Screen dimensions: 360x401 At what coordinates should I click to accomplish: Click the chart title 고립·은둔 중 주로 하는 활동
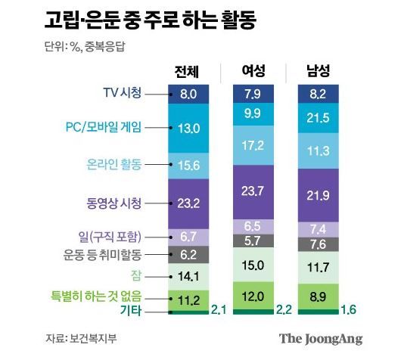point(149,21)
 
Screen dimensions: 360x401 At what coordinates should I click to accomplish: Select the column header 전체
point(187,72)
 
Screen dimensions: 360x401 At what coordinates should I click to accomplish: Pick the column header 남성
point(317,72)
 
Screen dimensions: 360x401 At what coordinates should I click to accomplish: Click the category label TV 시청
point(122,94)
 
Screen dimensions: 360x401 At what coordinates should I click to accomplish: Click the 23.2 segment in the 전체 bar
point(187,202)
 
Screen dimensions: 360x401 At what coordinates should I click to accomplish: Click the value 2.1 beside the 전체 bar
point(219,310)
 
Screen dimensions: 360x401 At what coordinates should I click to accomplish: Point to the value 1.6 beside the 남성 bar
point(350,310)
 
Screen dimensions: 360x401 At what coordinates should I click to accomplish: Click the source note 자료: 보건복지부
point(77,337)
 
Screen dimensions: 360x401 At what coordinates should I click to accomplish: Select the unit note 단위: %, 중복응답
point(88,47)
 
